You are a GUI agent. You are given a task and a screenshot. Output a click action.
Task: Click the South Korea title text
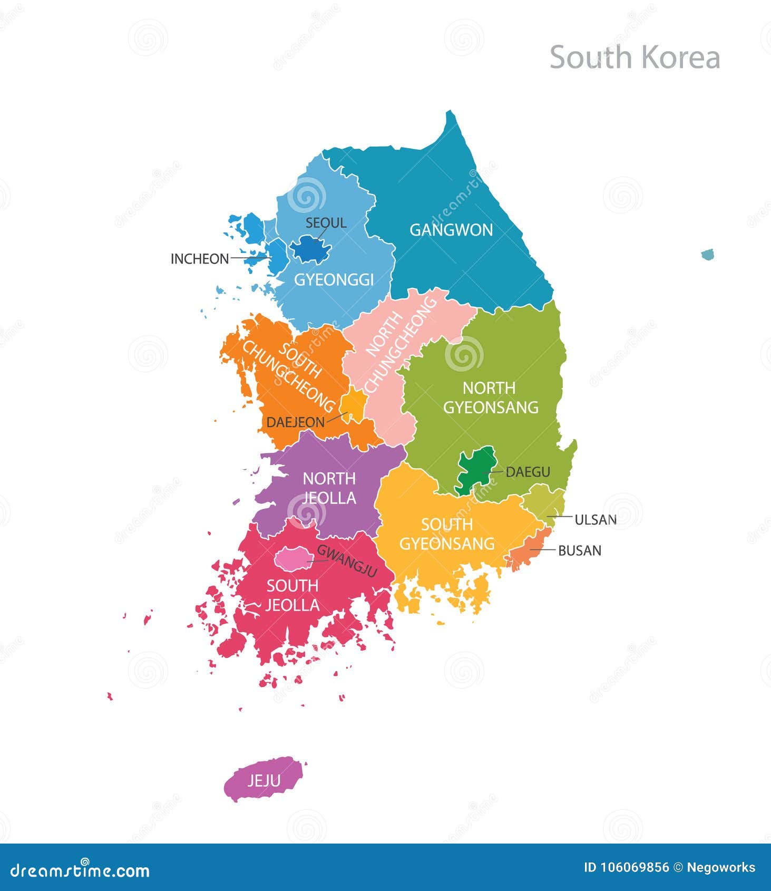tap(635, 57)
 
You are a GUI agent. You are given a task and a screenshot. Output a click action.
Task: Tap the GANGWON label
tap(451, 230)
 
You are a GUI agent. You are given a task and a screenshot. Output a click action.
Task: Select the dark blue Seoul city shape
tap(310, 249)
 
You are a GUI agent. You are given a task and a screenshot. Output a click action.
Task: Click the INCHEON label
tap(200, 259)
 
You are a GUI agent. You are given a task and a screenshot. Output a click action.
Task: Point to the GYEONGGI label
tap(334, 279)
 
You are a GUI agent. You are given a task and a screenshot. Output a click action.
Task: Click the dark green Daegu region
tap(474, 467)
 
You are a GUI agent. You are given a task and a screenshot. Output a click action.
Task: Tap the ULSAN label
tap(596, 520)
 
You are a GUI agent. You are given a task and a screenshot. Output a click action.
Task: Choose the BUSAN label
tap(580, 550)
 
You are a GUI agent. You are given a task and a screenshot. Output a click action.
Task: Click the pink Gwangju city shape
tap(289, 558)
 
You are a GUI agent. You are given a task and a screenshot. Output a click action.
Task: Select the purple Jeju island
tap(263, 779)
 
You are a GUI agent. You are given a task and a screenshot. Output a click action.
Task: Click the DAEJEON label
tap(295, 422)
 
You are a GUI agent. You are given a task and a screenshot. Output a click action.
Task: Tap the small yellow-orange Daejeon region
tap(353, 405)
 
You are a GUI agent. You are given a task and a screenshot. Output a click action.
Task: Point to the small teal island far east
tap(707, 255)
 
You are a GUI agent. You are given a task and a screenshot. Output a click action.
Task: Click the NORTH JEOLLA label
tap(329, 488)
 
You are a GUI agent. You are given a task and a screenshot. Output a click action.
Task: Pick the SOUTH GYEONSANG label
tap(447, 534)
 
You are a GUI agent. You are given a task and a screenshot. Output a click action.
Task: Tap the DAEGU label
tap(528, 472)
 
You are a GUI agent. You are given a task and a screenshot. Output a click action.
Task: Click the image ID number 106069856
tap(626, 867)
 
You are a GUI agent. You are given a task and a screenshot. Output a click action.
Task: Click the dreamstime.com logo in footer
tap(80, 870)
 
